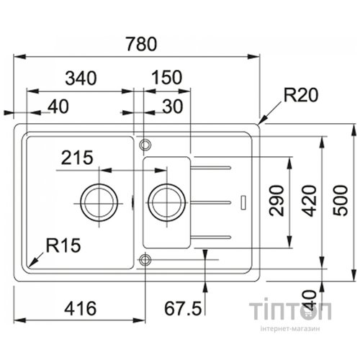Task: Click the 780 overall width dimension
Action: pyautogui.click(x=142, y=44)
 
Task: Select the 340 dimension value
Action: pyautogui.click(x=81, y=78)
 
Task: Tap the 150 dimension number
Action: pyautogui.click(x=167, y=77)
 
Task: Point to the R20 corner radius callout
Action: pyautogui.click(x=301, y=95)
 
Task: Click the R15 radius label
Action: pyautogui.click(x=63, y=246)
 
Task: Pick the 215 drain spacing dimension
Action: pyautogui.click(x=77, y=158)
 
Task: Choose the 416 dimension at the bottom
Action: pyautogui.click(x=81, y=308)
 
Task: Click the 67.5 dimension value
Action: pyautogui.click(x=183, y=308)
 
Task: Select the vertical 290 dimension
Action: pyautogui.click(x=276, y=201)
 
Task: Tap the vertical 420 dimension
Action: pyautogui.click(x=309, y=201)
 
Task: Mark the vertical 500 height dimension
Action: pyautogui.click(x=340, y=201)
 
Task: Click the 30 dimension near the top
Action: pyautogui.click(x=173, y=107)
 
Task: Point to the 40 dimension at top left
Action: pyautogui.click(x=58, y=107)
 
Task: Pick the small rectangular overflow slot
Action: pyautogui.click(x=243, y=202)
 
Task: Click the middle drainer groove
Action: pyautogui.click(x=210, y=203)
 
